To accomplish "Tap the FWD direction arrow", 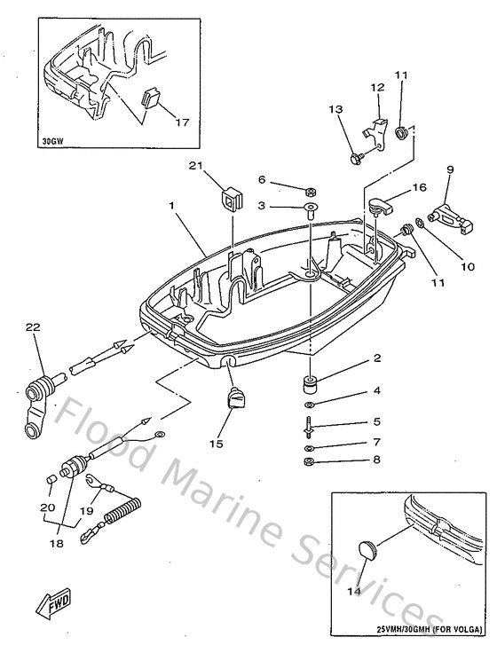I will tap(53, 606).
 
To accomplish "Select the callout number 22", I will tap(33, 327).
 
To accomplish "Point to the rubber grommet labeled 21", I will tap(232, 198).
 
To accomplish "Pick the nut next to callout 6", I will tap(312, 192).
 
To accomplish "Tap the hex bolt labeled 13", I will tap(356, 158).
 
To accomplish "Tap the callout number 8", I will tap(376, 460).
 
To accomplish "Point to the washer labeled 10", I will tap(419, 234).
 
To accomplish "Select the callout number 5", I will tap(376, 421).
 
